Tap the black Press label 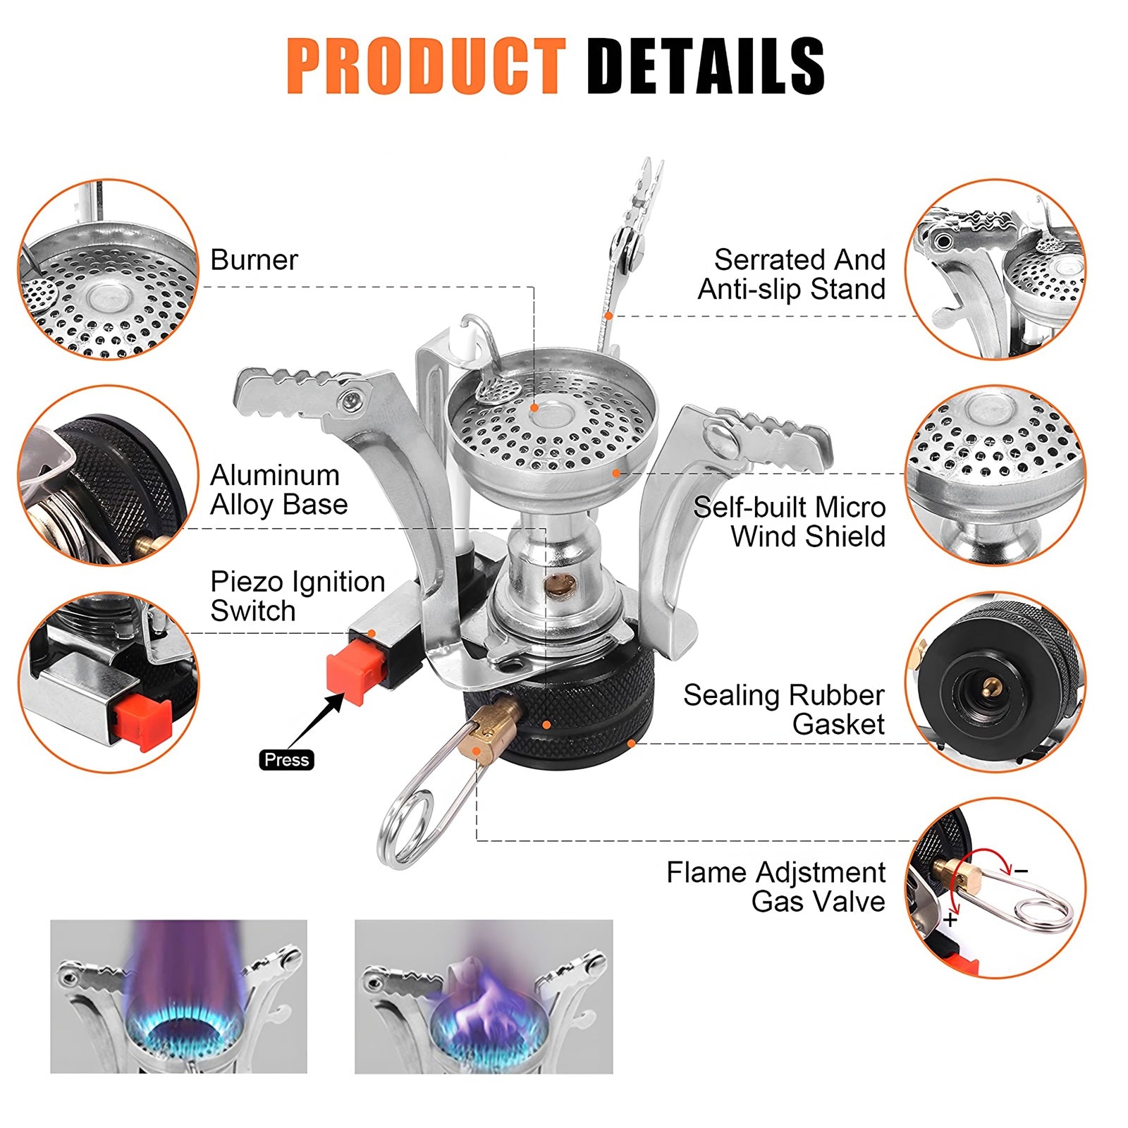click(286, 759)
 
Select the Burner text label click(254, 260)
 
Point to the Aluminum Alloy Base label click(278, 490)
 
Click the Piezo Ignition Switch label click(297, 596)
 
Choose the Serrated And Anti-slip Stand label click(792, 274)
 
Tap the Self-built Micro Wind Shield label click(790, 522)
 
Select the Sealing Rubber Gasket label click(784, 709)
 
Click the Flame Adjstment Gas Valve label click(775, 887)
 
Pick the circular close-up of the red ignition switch click(109, 682)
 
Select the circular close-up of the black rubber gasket click(995, 682)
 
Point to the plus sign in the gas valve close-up click(952, 919)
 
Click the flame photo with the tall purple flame click(178, 996)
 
